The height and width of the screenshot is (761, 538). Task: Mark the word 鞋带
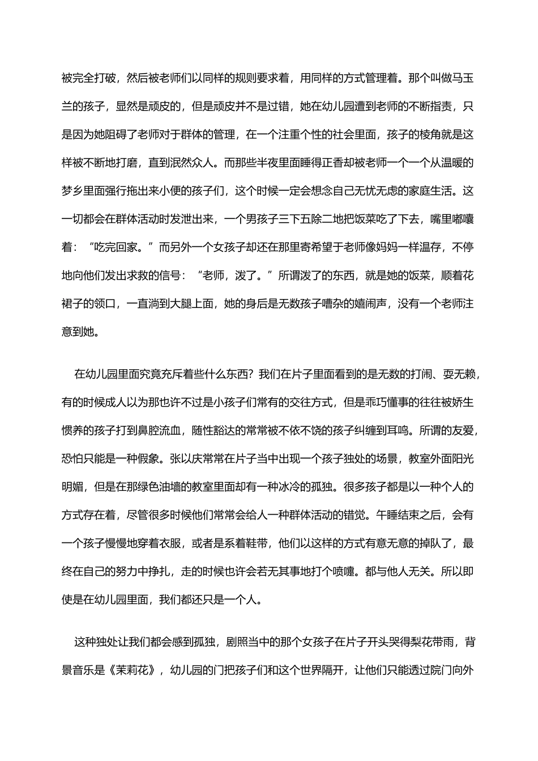(x=263, y=544)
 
